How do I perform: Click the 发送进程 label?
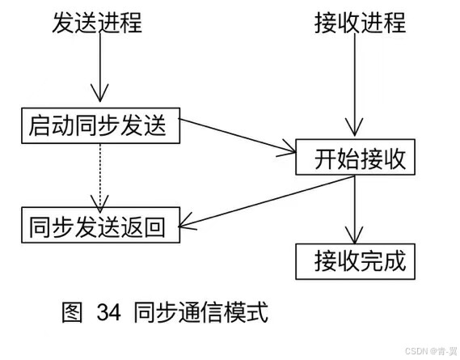[x=97, y=23]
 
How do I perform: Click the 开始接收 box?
[x=356, y=158]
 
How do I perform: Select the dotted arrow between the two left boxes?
[x=99, y=174]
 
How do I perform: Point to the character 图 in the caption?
[x=73, y=312]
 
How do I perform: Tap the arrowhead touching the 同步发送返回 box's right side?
[x=188, y=222]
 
